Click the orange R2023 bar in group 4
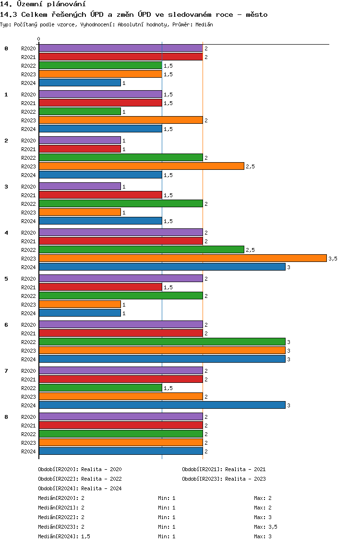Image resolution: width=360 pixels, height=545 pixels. coord(183,258)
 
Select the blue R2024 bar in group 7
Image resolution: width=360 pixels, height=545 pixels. coord(162,405)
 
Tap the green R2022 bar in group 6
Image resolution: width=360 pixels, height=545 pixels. coord(162,342)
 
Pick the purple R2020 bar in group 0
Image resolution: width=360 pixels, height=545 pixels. coord(120,48)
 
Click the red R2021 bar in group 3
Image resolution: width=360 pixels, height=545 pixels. coord(100,195)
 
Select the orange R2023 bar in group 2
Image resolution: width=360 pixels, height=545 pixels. coord(142,166)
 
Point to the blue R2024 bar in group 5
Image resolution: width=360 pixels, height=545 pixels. coord(80,313)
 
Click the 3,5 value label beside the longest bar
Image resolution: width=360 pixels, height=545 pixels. coord(333,259)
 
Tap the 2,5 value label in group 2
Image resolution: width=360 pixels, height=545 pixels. coord(251,166)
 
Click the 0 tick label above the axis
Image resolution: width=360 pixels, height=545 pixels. coord(38,39)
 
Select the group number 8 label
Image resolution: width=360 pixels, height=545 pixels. coord(6,417)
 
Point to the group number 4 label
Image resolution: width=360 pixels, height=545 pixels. coord(6,233)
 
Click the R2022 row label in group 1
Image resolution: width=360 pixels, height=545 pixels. coord(28,112)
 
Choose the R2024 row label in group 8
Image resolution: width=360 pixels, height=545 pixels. coord(28,451)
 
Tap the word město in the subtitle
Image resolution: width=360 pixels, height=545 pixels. coord(257,14)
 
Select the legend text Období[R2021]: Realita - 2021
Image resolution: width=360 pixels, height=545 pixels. coord(224,469)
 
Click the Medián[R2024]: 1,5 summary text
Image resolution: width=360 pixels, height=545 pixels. coord(64,536)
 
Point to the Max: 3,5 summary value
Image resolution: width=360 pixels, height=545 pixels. coord(266,527)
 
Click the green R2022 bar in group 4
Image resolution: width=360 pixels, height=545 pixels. coord(142,249)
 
